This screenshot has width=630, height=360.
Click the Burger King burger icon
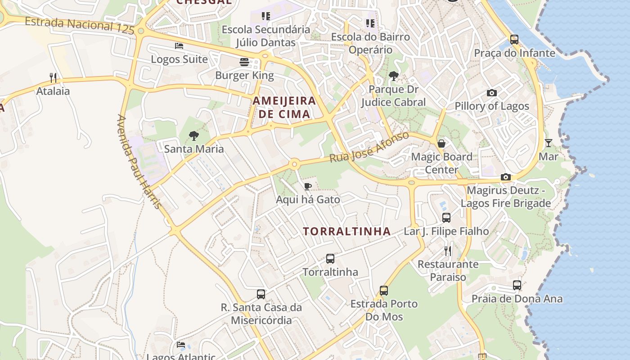(x=244, y=62)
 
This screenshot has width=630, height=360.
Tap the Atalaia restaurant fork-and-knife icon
(x=53, y=78)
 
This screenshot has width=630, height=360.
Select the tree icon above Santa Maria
(x=193, y=135)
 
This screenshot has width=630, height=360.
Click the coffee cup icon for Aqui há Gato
(x=308, y=186)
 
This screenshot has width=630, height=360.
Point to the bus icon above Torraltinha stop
(x=330, y=259)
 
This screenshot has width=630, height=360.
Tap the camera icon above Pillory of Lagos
(x=492, y=93)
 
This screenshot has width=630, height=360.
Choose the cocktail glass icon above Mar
(x=548, y=143)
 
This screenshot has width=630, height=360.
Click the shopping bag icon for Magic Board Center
(x=441, y=144)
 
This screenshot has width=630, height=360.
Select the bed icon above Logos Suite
(x=179, y=46)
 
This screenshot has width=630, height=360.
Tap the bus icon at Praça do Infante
(x=514, y=40)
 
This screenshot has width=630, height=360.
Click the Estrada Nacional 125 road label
(x=80, y=25)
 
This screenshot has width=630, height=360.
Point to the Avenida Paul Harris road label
(x=139, y=162)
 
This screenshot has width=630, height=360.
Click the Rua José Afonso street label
(x=369, y=147)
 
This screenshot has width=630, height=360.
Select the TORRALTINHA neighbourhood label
(x=346, y=231)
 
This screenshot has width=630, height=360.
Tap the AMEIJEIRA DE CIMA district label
(x=284, y=107)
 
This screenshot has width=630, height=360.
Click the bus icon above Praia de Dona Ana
(x=517, y=285)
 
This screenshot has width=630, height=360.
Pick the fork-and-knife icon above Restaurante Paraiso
(x=447, y=251)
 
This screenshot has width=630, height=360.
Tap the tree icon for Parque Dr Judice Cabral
(x=394, y=76)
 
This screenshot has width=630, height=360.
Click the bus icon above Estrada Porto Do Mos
(x=384, y=291)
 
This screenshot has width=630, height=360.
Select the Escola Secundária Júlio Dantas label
(x=266, y=36)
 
